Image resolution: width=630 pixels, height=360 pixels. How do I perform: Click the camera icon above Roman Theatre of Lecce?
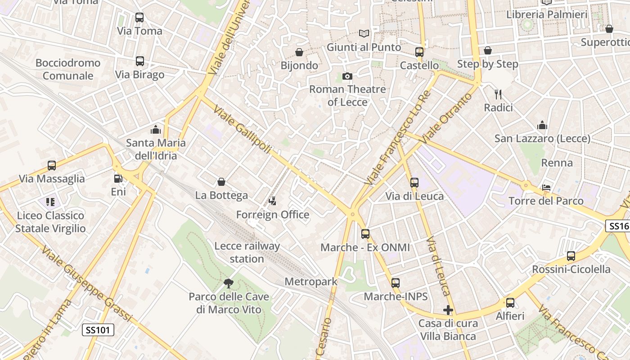347,76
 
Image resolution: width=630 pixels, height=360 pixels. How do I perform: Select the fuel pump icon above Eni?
118,179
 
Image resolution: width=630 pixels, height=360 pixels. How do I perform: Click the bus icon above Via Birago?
139,61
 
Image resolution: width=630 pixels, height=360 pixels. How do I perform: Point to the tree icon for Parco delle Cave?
229,283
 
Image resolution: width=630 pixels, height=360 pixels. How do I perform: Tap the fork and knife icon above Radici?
498,94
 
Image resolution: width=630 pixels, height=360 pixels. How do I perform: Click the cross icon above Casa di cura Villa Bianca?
448,310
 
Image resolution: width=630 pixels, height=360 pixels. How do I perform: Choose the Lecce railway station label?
247,252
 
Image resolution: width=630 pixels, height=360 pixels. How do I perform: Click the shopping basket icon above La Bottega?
221,182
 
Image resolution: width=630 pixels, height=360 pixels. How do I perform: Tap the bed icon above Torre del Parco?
546,188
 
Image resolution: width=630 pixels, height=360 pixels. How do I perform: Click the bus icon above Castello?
419,52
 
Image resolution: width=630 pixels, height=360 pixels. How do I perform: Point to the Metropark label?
311,282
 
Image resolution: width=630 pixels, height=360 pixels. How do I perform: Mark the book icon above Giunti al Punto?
364,34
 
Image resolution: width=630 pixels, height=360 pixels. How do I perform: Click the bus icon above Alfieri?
510,303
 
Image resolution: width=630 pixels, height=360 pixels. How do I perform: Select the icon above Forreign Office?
272,201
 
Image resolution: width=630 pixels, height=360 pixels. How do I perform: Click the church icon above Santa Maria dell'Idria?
156,130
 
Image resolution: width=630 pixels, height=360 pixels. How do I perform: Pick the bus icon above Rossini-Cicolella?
571,256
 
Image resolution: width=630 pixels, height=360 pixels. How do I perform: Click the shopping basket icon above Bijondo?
299,52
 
